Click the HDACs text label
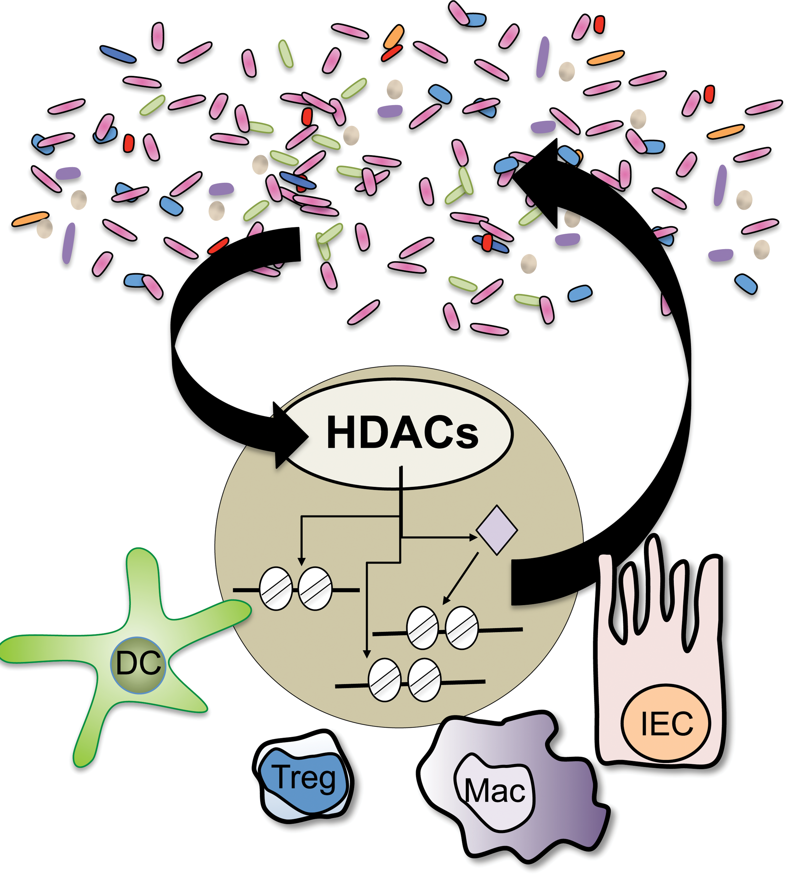(402, 432)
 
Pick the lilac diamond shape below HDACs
(496, 530)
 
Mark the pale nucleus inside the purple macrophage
(495, 794)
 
